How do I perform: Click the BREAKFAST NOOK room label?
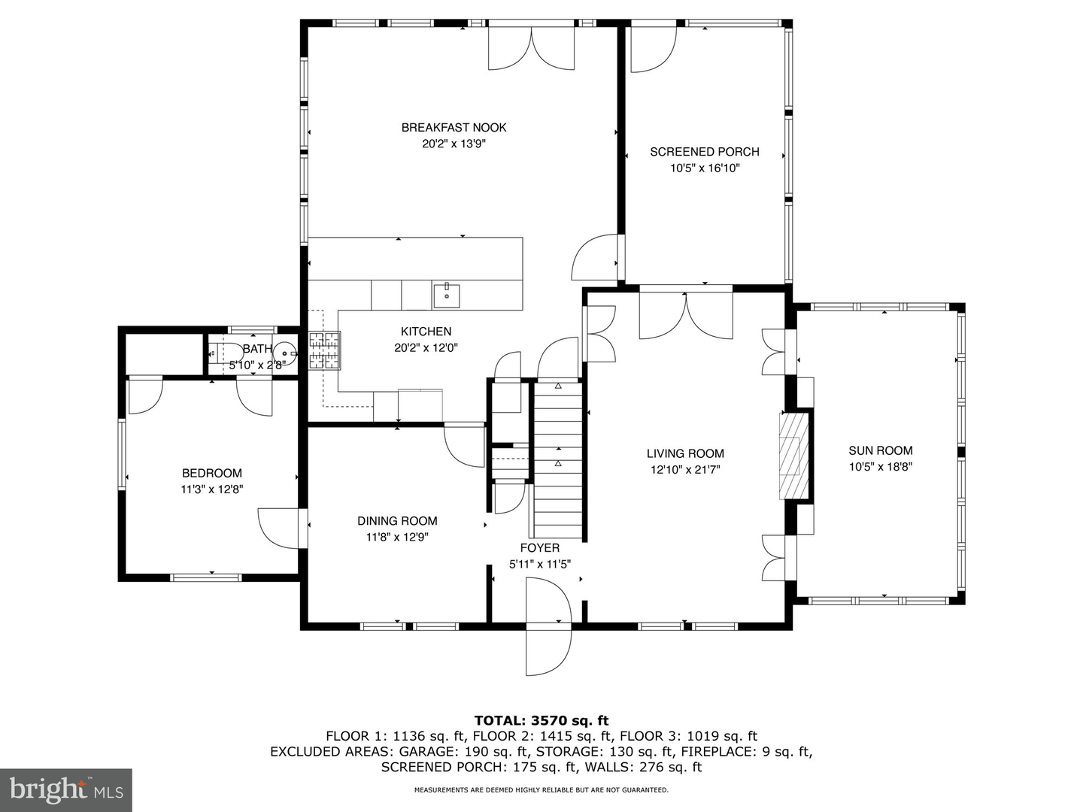[454, 128]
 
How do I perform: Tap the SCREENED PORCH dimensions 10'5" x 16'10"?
[705, 168]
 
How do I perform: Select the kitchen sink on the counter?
[447, 294]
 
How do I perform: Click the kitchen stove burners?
[324, 350]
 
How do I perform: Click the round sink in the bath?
[284, 352]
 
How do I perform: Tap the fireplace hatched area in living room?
[793, 455]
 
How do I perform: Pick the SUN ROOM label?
[880, 451]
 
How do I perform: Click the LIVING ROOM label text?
[685, 453]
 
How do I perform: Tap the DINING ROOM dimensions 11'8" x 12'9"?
[397, 538]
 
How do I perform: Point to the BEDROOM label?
[212, 473]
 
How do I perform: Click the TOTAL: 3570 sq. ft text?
[541, 721]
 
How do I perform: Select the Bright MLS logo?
[66, 789]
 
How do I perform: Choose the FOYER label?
[539, 548]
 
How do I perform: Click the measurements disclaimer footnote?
[541, 790]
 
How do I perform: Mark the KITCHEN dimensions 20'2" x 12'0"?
[426, 348]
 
